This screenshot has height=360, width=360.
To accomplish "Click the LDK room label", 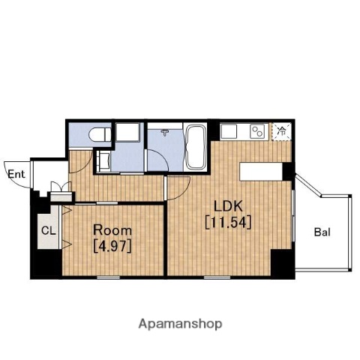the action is tap(228, 206).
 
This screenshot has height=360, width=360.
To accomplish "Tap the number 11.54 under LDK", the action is tap(228, 222).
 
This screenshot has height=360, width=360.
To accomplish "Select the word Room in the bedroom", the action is tap(112, 230).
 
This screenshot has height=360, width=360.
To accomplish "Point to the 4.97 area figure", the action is tap(112, 247).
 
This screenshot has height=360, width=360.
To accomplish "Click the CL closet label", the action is tap(49, 231).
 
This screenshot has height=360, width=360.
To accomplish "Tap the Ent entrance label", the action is tap(16, 174).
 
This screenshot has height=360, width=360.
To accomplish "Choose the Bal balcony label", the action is tap(322, 232).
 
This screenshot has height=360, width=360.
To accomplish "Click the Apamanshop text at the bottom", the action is tap(180, 324).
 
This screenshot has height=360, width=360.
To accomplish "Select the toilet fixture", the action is tap(100, 134).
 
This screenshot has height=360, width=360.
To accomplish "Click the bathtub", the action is tap(195, 147).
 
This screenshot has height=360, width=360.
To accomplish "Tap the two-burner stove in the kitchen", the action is tap(258, 131).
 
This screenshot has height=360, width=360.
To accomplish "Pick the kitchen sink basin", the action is tap(229, 131).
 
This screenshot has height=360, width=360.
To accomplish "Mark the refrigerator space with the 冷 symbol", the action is tap(282, 132).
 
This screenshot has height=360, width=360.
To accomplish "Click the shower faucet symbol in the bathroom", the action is tap(165, 132).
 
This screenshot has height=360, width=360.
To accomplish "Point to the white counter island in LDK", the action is tap(261, 172).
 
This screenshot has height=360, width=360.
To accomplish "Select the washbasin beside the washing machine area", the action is tap(103, 161).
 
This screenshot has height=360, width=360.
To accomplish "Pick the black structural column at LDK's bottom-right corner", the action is tap(282, 263).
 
